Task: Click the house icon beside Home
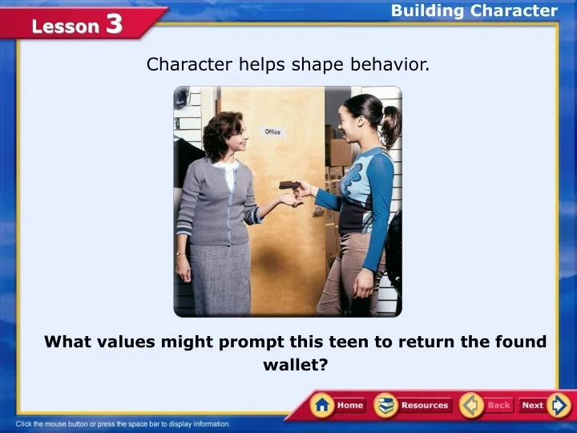click(x=323, y=405)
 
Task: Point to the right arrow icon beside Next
click(x=559, y=405)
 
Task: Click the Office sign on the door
click(x=272, y=132)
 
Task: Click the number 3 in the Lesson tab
click(x=114, y=24)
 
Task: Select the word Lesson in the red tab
click(x=66, y=26)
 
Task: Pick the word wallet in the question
click(x=296, y=365)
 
